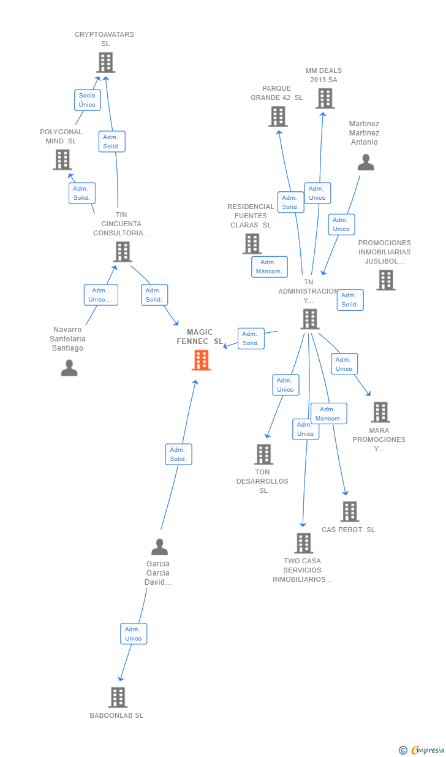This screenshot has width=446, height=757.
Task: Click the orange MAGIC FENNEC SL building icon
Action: [x=201, y=360]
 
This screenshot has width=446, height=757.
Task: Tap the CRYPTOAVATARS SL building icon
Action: [x=105, y=63]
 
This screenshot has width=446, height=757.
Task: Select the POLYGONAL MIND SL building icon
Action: [x=62, y=160]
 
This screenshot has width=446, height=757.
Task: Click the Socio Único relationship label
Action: [x=87, y=100]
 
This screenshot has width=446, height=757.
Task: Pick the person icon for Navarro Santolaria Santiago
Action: [x=69, y=368]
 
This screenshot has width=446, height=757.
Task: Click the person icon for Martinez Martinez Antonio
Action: [x=366, y=162]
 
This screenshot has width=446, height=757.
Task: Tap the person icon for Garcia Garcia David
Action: [x=159, y=547]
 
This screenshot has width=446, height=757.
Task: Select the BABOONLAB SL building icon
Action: [x=118, y=698]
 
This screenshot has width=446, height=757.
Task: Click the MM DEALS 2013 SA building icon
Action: [x=325, y=98]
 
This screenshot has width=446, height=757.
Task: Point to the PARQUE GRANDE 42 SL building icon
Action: [x=278, y=116]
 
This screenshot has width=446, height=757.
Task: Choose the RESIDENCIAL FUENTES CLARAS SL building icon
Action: [x=252, y=244]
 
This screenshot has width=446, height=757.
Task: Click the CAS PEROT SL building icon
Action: [x=349, y=512]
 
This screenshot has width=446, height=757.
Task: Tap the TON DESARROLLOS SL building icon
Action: [x=263, y=455]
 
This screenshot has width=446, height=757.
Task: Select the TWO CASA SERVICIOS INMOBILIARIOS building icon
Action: [x=303, y=543]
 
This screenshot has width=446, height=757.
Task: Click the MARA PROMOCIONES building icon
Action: [x=380, y=413]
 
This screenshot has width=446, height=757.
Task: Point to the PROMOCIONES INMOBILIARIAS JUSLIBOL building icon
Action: [x=385, y=280]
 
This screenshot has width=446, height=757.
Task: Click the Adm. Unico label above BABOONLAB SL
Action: [x=134, y=634]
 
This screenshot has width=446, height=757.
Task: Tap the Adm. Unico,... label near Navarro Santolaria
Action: [x=100, y=295]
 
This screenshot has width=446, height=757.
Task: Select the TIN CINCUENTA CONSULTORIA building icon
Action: [x=122, y=252]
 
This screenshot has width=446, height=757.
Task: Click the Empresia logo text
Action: [x=428, y=750]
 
